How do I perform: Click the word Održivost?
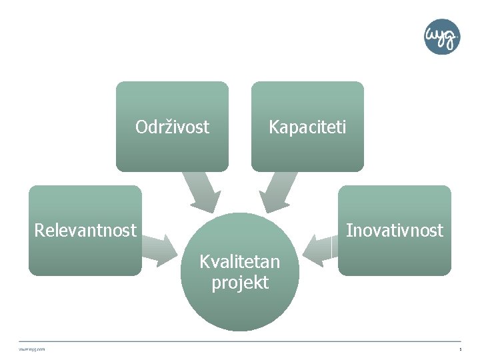172,127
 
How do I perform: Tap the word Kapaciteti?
307,127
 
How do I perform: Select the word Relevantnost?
85,231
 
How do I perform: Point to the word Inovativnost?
394,231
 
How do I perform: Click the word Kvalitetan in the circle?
240,261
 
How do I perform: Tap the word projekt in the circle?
240,283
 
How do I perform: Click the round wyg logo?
442,37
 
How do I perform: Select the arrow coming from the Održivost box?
202,191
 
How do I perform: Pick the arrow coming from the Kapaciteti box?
279,191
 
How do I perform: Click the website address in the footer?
33,349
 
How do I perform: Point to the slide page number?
459,349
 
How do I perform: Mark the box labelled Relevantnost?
85,257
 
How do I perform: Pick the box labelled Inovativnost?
394,257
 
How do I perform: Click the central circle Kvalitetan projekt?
240,307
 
